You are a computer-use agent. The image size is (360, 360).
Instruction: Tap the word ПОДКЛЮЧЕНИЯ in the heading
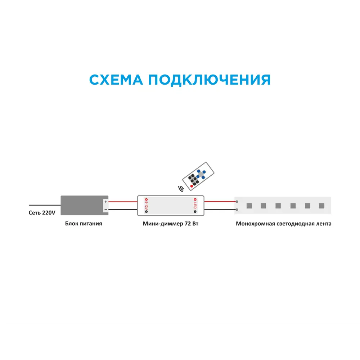point(209,80)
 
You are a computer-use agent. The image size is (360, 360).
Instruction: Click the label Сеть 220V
point(42,213)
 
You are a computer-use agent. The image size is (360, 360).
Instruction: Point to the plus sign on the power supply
point(105,202)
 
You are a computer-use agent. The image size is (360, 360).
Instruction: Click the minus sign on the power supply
point(105,209)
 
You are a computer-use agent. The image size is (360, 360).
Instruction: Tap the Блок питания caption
point(84,224)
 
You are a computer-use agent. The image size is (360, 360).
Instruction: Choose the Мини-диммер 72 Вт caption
point(171,224)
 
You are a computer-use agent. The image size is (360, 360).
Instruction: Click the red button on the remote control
point(192,186)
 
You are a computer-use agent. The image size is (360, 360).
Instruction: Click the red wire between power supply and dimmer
point(122,202)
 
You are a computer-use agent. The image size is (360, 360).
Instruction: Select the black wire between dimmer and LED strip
point(220,210)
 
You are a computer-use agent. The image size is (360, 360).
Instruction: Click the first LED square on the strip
point(248,206)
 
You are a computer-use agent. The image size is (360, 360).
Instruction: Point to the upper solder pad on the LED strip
point(237,202)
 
